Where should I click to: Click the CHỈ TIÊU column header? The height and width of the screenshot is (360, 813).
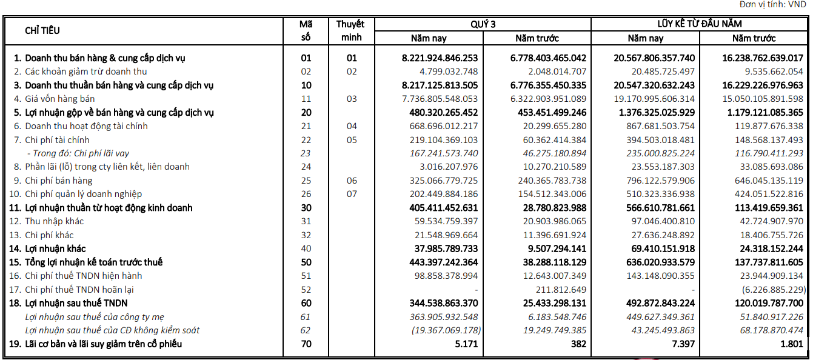(x=42, y=30)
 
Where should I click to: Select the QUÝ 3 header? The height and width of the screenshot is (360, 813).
(x=483, y=24)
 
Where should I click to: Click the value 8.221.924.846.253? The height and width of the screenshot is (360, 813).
(x=440, y=58)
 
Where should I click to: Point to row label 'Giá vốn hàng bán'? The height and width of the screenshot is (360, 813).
(x=59, y=99)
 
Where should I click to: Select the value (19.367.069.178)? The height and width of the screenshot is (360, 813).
(x=441, y=330)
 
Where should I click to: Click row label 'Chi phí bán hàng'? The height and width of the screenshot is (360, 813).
(x=58, y=181)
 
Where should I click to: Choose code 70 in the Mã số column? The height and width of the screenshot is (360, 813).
(x=306, y=344)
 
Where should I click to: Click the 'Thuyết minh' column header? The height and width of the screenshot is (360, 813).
(x=351, y=30)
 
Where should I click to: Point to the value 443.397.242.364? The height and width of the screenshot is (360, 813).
(x=440, y=262)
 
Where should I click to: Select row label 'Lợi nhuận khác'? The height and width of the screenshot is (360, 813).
(x=55, y=248)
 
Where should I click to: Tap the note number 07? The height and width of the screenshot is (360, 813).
(x=352, y=194)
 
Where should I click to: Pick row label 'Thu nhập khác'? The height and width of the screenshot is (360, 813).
(x=54, y=221)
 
